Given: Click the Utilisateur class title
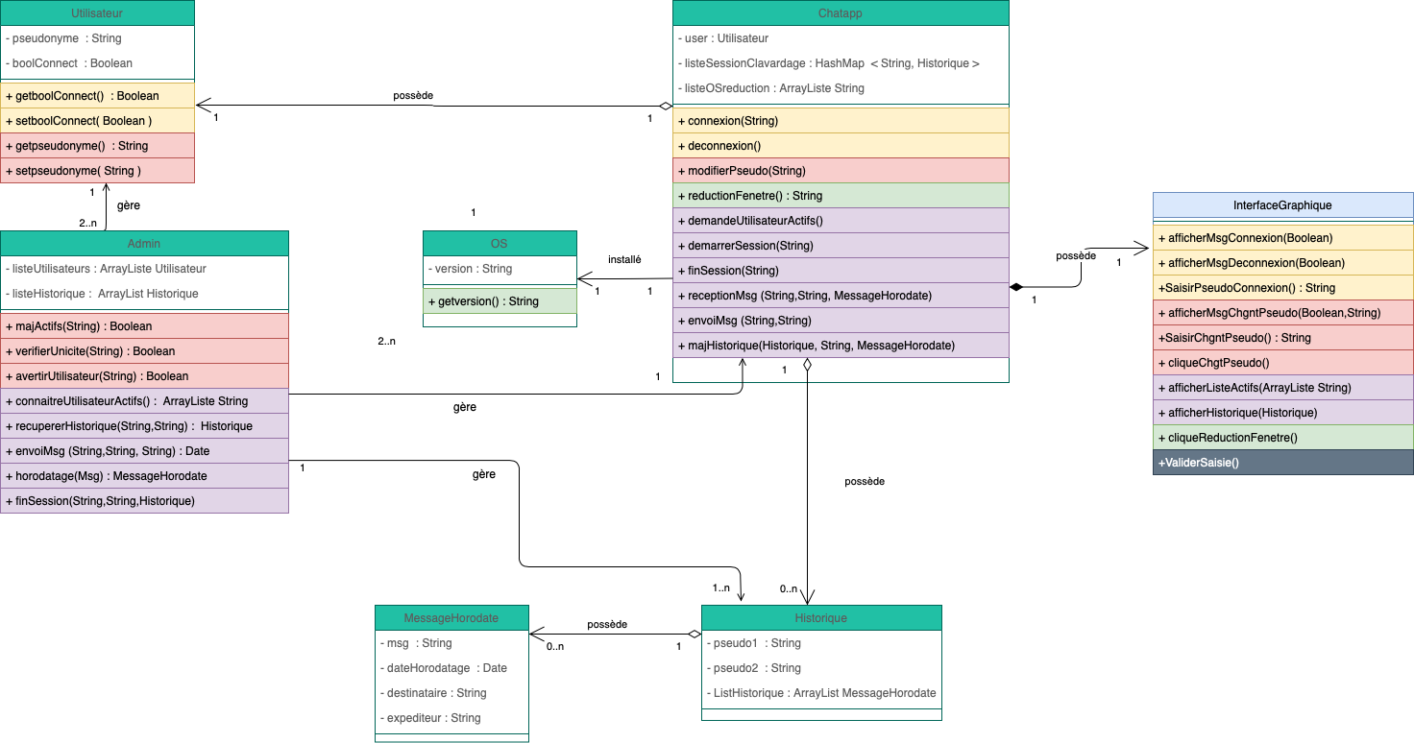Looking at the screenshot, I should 97,13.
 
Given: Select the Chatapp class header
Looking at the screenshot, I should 841,13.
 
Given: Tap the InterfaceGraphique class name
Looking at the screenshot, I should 1282,205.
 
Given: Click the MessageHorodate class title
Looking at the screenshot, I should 451,618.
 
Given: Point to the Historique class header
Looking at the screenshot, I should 821,618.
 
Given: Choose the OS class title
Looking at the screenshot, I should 499,244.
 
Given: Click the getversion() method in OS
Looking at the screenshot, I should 483,301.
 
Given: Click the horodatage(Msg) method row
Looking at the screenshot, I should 106,476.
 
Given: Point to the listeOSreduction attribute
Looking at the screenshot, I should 774,88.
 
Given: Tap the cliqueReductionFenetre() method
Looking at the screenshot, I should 1228,438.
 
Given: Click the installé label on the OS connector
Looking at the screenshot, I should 624,260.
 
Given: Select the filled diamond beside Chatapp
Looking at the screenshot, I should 1015,287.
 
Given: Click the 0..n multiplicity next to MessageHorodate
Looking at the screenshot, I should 555,647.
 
